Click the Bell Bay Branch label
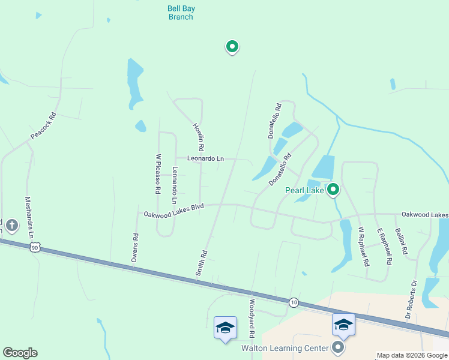pyautogui.click(x=180, y=13)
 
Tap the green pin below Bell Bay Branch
pyautogui.click(x=232, y=46)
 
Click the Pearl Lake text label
pyautogui.click(x=304, y=191)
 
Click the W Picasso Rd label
pyautogui.click(x=158, y=173)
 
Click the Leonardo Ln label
pyautogui.click(x=205, y=159)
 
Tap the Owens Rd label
pyautogui.click(x=135, y=248)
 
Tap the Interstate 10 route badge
pyautogui.click(x=293, y=301)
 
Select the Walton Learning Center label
pyautogui.click(x=285, y=348)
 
